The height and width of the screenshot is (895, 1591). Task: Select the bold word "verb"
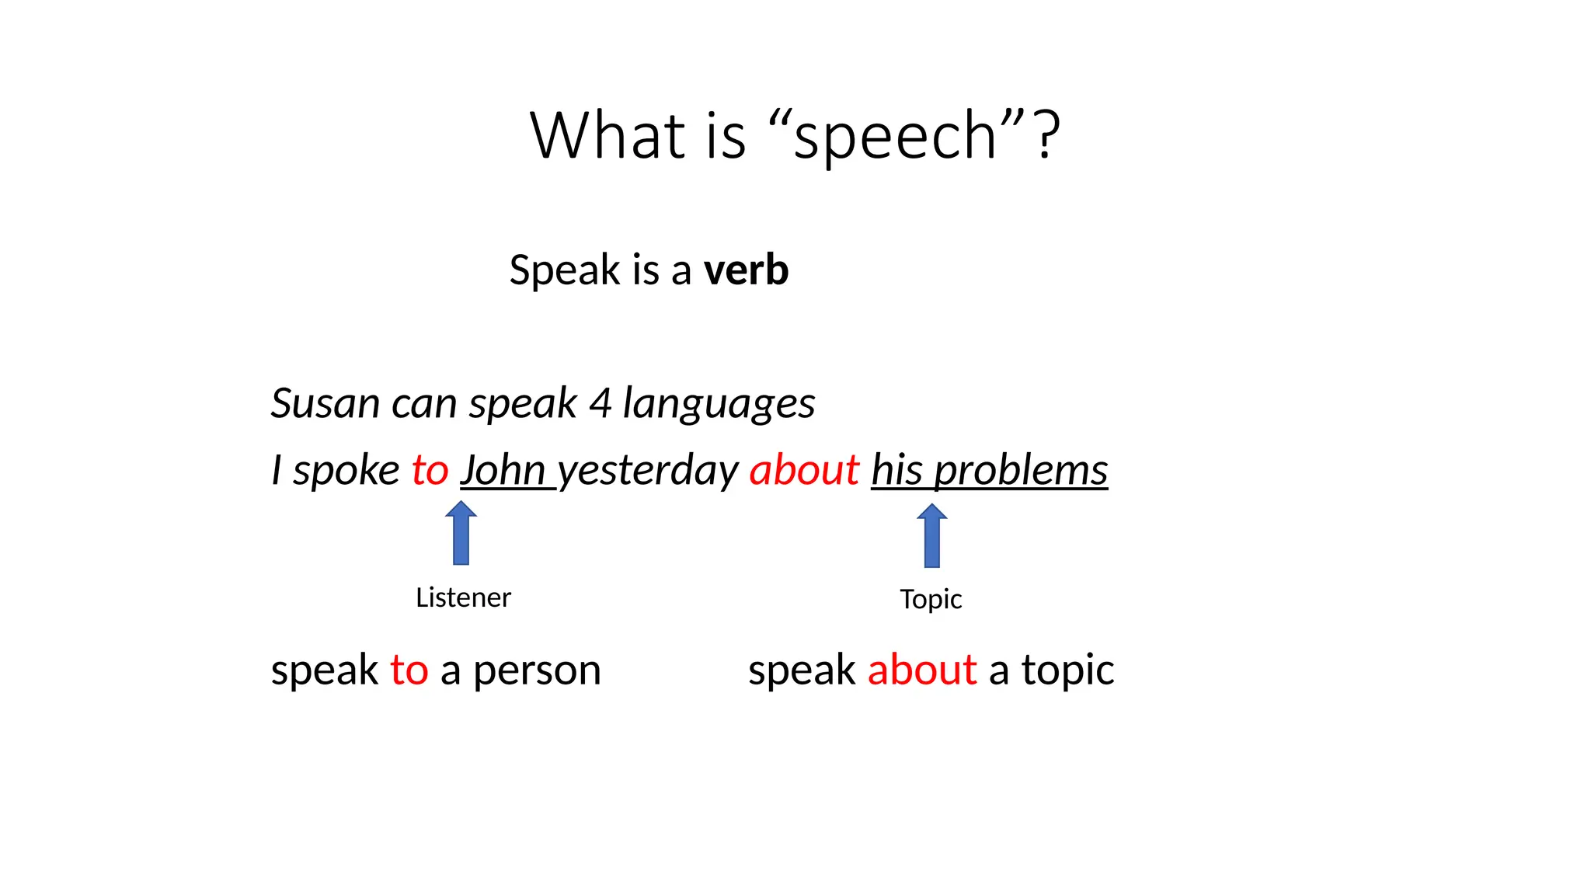(x=746, y=270)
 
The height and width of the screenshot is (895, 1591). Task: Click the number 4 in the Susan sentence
(x=600, y=404)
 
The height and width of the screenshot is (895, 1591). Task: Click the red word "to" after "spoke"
(x=430, y=471)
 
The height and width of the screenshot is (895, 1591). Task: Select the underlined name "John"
(x=503, y=471)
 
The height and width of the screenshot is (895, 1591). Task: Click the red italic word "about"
(x=804, y=471)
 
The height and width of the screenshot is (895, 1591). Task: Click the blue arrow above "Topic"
(x=931, y=535)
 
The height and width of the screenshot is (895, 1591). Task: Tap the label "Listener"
(x=463, y=597)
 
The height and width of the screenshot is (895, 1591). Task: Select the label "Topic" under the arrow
(x=931, y=600)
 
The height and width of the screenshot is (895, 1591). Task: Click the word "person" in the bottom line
(x=537, y=671)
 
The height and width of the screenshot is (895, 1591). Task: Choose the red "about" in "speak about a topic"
(x=921, y=670)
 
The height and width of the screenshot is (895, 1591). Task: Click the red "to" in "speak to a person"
(x=409, y=670)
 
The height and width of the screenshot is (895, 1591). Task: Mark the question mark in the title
(x=1047, y=136)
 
